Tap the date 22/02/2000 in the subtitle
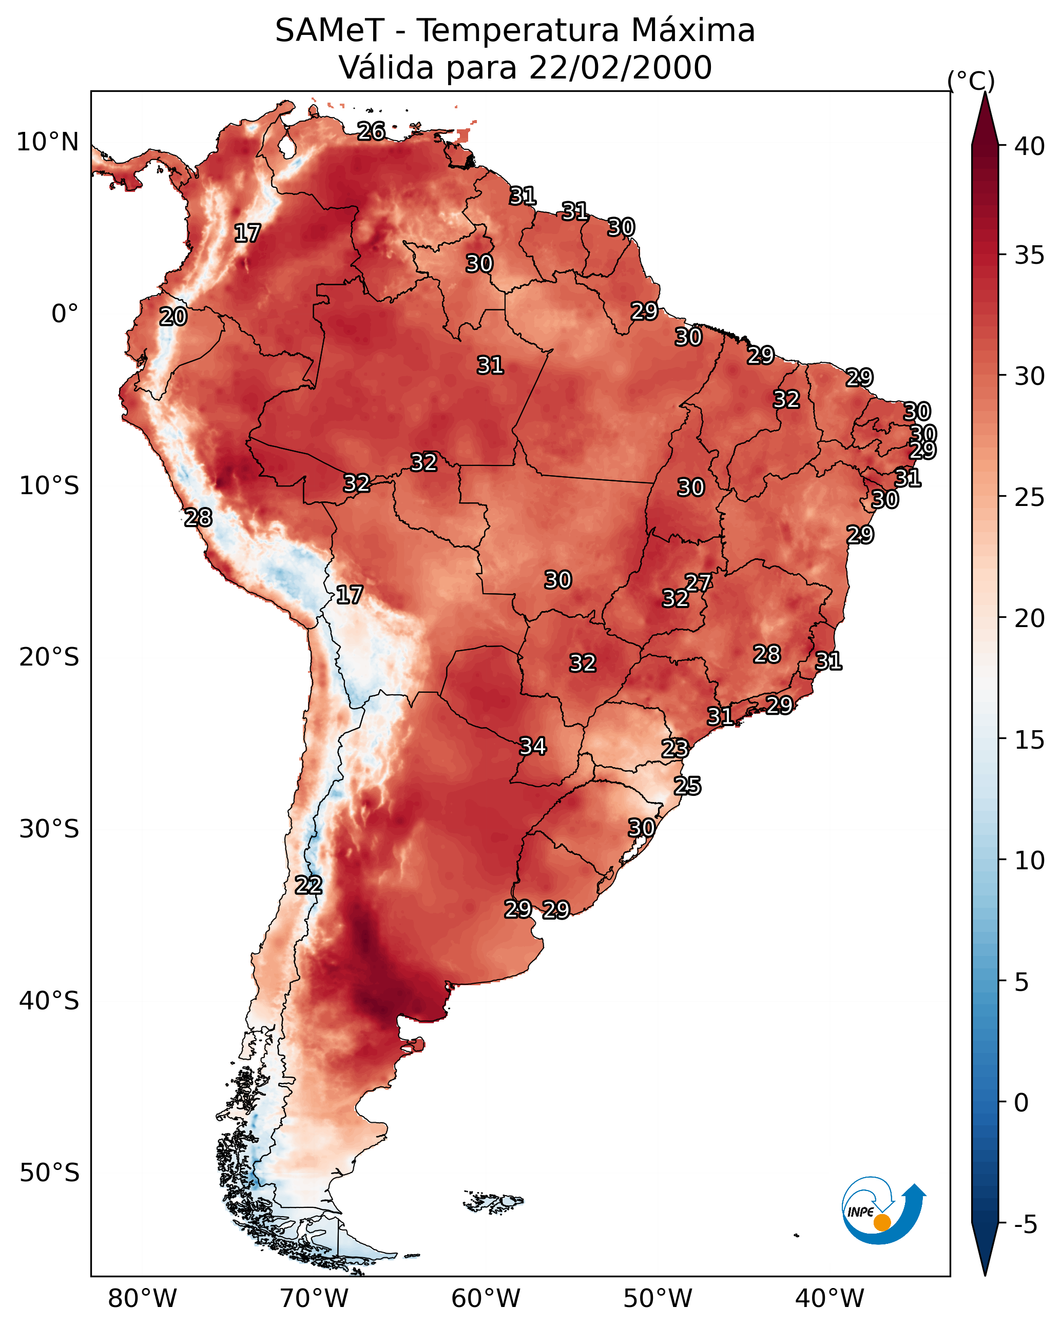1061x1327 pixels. click(620, 67)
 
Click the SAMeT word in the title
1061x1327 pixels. click(330, 30)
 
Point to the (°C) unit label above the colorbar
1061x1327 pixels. click(971, 81)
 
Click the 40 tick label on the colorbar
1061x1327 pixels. click(1030, 146)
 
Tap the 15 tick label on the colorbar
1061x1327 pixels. click(1030, 740)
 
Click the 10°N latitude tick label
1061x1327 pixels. click(47, 142)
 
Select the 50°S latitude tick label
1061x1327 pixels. click(49, 1173)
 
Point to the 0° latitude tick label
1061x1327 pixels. click(65, 314)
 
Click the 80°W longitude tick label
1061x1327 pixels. click(142, 1299)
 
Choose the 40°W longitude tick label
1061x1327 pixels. click(829, 1299)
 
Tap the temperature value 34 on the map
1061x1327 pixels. click(533, 747)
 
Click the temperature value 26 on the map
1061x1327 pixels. click(371, 131)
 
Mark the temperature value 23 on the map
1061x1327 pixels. click(675, 749)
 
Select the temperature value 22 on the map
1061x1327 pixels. click(308, 886)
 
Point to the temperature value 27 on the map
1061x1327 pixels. click(698, 583)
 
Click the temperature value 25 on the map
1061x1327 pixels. click(687, 786)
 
